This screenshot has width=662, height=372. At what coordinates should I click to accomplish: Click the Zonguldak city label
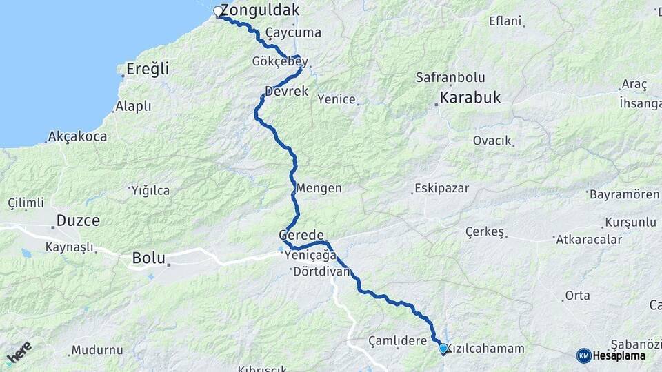pos(261,10)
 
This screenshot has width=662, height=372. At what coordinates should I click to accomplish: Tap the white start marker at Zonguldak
pos(218,11)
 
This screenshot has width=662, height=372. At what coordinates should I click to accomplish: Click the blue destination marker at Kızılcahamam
pos(443,349)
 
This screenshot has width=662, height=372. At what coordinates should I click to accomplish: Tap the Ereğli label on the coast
pos(148,70)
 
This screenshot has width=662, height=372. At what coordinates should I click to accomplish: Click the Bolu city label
pos(148,258)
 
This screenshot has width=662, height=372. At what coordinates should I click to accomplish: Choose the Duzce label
pos(78,221)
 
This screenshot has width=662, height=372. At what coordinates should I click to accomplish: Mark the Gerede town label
pos(301,235)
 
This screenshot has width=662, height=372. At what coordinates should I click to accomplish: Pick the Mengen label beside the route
pos(319,187)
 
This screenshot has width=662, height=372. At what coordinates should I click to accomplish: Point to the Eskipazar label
pos(441,188)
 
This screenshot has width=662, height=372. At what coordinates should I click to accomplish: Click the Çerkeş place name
pos(485,231)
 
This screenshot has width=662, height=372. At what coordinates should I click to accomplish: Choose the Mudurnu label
pos(97,349)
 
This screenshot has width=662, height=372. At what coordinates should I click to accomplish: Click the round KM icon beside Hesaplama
pos(583,355)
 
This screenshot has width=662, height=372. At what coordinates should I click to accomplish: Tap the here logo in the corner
pos(19,353)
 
